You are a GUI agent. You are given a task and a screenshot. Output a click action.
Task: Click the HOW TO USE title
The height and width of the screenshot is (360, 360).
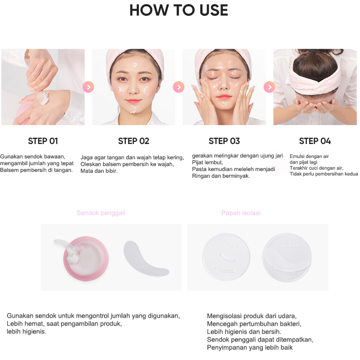click(x=179, y=10)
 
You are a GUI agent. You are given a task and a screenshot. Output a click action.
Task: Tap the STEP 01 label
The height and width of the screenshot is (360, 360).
click(x=43, y=141)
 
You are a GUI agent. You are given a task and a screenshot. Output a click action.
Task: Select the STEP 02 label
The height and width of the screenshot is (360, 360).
click(x=134, y=141)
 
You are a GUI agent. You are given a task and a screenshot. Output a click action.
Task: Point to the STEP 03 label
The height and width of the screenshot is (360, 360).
click(x=224, y=141)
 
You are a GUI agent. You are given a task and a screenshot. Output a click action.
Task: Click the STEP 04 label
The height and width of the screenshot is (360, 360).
click(x=315, y=141)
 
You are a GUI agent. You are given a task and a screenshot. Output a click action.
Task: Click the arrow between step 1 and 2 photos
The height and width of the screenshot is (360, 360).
click(x=88, y=87)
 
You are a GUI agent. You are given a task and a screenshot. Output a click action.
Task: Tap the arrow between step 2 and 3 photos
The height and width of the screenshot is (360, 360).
click(x=179, y=87)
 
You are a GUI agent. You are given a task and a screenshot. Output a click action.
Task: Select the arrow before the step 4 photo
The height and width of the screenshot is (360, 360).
click(x=269, y=87)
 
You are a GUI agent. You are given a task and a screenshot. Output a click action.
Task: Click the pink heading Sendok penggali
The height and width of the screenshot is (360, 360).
click(x=101, y=213)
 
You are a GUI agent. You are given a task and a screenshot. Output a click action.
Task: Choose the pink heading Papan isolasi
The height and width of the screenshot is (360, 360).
click(x=241, y=213)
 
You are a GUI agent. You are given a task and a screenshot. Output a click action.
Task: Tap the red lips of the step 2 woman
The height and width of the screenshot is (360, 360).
click(x=134, y=101)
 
